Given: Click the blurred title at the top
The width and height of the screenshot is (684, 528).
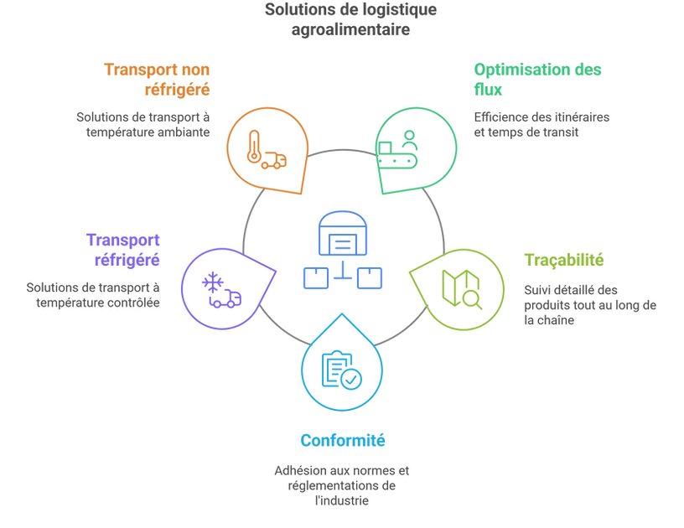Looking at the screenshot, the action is click(x=341, y=22).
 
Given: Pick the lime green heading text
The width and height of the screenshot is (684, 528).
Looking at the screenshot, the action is click(x=564, y=259).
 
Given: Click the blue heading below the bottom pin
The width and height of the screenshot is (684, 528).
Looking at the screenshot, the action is click(x=342, y=439).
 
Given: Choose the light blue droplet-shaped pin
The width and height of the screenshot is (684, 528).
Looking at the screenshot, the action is click(x=342, y=365).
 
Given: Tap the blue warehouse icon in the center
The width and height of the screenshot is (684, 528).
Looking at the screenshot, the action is click(x=342, y=252).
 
